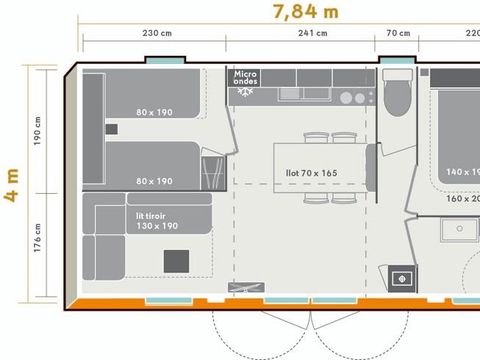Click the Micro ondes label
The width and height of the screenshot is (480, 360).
click(x=246, y=77)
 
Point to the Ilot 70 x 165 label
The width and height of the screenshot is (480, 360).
click(x=311, y=173)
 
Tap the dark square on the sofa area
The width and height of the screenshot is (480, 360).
click(x=176, y=260)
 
